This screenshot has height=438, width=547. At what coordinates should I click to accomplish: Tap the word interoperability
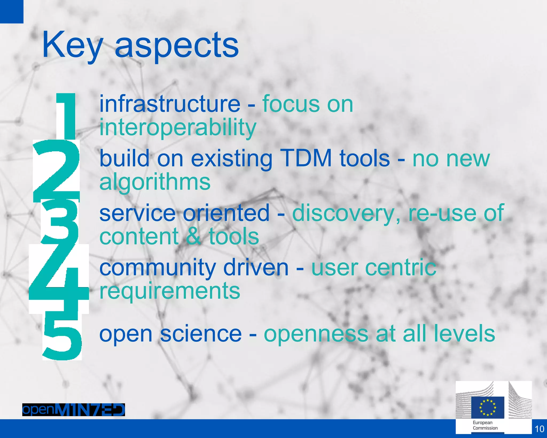point(178,128)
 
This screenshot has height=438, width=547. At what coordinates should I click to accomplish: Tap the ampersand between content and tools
point(193,236)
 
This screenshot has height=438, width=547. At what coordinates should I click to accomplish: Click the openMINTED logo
point(73,410)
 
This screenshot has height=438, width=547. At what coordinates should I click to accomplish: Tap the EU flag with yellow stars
point(487,407)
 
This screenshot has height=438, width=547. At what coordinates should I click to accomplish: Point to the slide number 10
point(539,429)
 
